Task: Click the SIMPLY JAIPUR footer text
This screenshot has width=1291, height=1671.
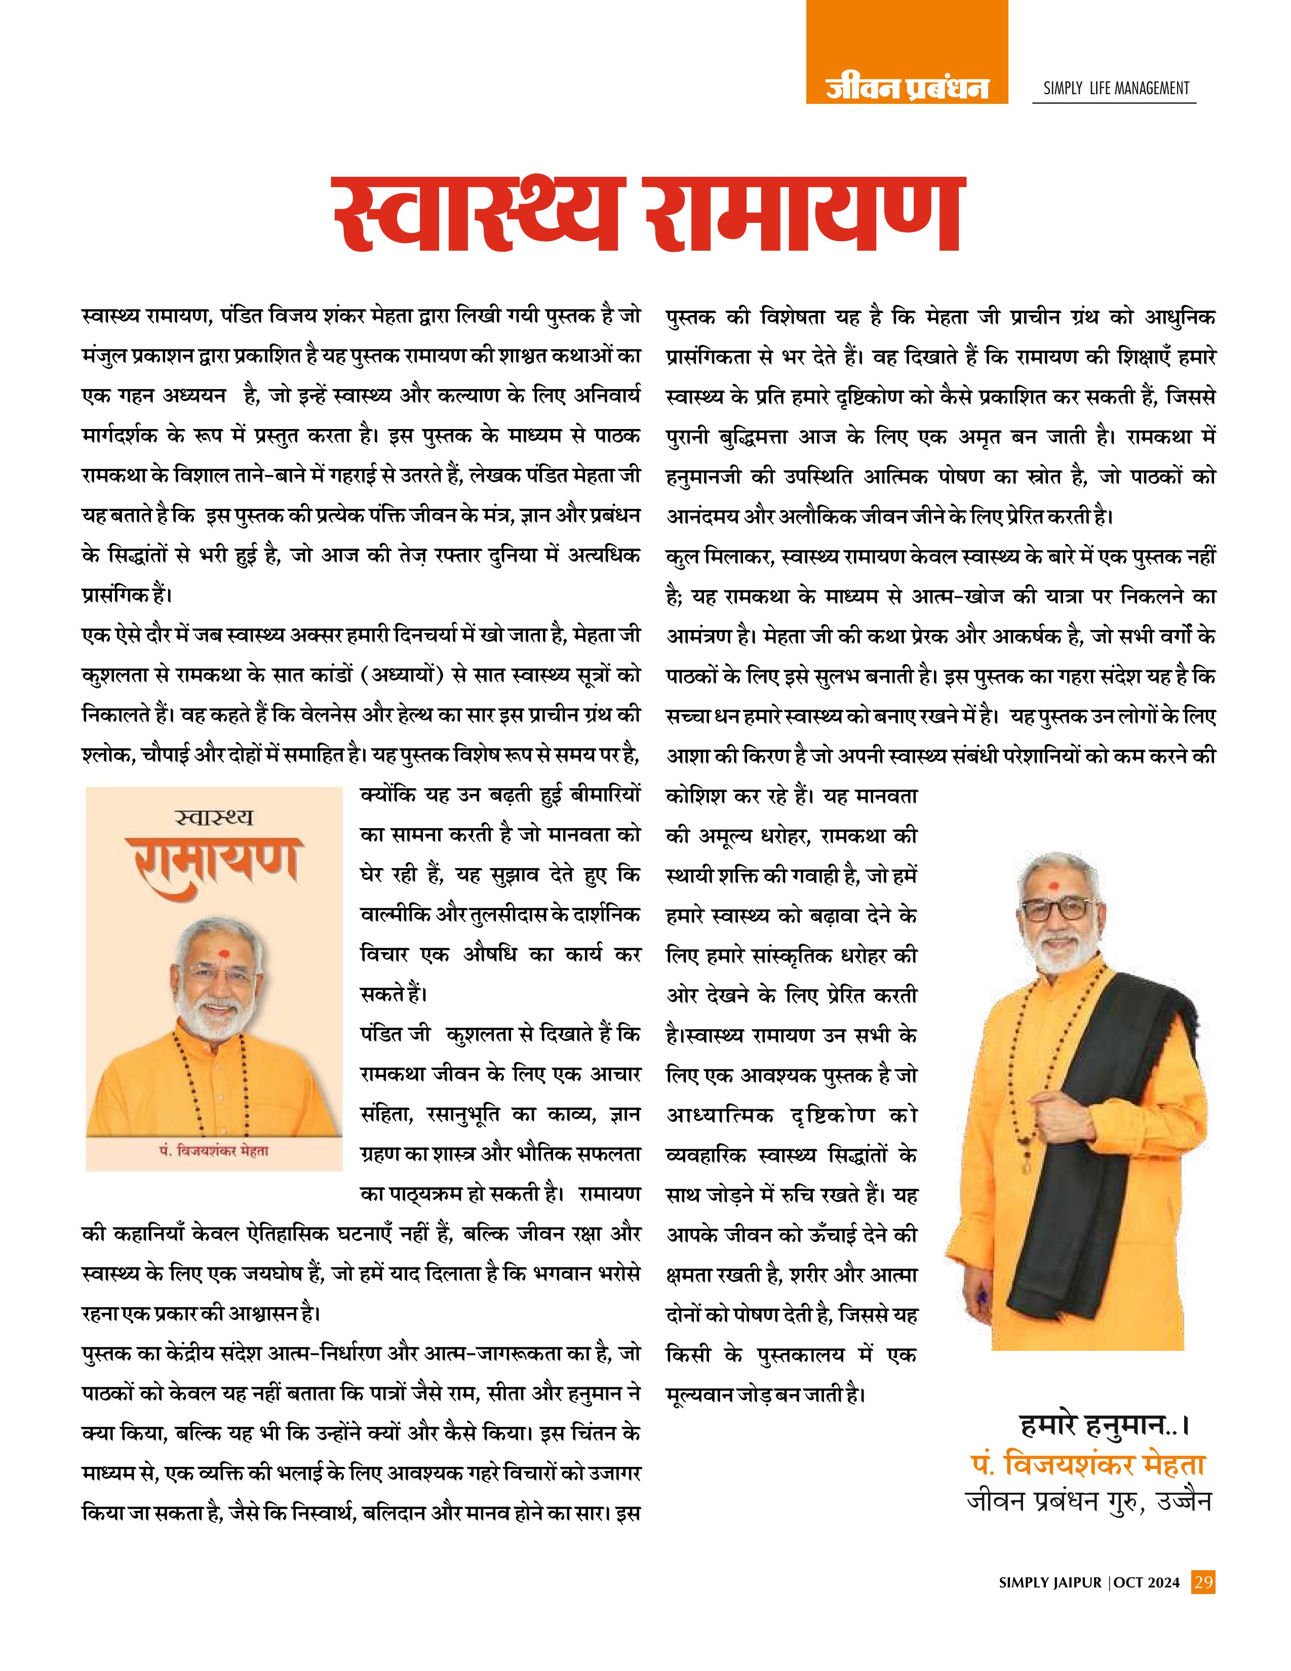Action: point(1050,1582)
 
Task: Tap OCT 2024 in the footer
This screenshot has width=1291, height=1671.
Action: point(1147,1582)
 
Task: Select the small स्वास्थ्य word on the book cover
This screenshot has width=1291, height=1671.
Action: point(214,818)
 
